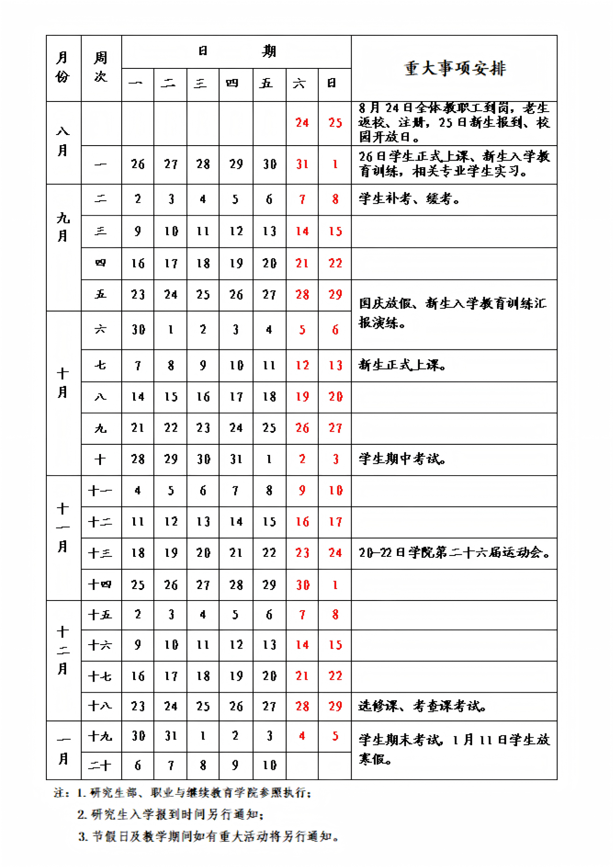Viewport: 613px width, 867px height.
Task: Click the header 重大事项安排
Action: click(x=455, y=68)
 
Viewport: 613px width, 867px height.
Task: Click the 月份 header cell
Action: click(x=63, y=68)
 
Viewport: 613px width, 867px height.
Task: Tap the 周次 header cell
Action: click(x=101, y=68)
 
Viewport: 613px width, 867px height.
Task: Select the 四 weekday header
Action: click(x=235, y=83)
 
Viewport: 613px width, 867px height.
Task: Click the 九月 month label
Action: click(x=63, y=227)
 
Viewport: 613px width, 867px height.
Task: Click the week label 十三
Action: click(x=101, y=553)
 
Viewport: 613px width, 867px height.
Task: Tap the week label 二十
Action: click(x=101, y=766)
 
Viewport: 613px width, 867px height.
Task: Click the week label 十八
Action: click(x=101, y=706)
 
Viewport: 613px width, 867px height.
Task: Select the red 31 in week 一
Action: click(x=302, y=165)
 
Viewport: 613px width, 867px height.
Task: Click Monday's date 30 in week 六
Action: click(x=138, y=330)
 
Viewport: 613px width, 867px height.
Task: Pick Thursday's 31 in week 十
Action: click(x=236, y=460)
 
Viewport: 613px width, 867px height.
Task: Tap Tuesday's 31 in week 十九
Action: click(x=171, y=736)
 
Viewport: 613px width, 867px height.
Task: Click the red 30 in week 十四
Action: click(x=303, y=585)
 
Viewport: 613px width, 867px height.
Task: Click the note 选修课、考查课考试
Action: click(x=422, y=706)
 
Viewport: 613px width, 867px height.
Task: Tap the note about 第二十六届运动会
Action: click(x=454, y=553)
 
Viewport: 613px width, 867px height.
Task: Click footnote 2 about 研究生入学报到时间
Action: click(x=171, y=814)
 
